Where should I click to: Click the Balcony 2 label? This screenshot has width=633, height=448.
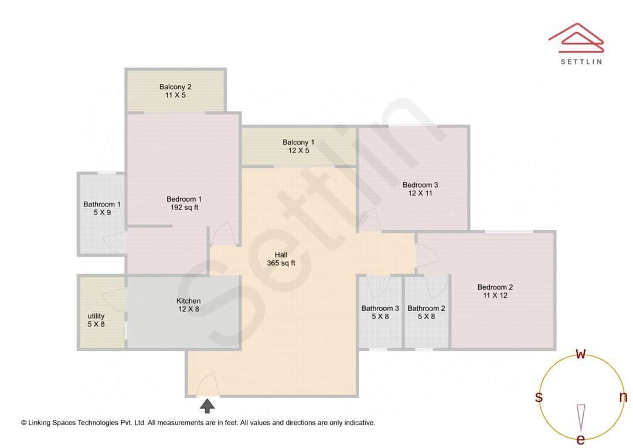pos(175,87)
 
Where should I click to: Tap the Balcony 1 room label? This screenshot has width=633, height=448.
pos(298,142)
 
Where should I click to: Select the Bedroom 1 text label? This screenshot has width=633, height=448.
pos(184,199)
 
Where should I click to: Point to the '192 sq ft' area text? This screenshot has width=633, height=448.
pos(184,207)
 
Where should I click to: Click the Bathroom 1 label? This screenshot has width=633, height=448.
pos(102,204)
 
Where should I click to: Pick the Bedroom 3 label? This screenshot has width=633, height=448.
pos(420,185)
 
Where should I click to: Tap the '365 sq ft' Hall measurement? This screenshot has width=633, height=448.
pos(281,263)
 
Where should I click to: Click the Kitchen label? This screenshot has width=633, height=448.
pos(189,301)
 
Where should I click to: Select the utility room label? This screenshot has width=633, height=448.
pos(96,315)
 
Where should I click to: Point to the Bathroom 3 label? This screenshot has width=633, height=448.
pos(380,308)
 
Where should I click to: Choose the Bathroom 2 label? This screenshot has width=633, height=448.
pos(426,308)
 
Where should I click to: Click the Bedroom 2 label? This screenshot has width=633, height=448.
pos(495,287)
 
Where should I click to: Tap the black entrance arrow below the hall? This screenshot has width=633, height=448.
pos(207,406)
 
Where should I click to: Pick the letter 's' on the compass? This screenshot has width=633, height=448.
pos(539,397)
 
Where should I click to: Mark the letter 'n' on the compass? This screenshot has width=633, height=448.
pos(623,397)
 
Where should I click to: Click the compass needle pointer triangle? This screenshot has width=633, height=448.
pos(581,416)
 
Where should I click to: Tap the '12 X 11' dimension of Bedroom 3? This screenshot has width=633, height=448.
pos(420,193)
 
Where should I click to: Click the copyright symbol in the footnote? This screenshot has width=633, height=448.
pos(24,422)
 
